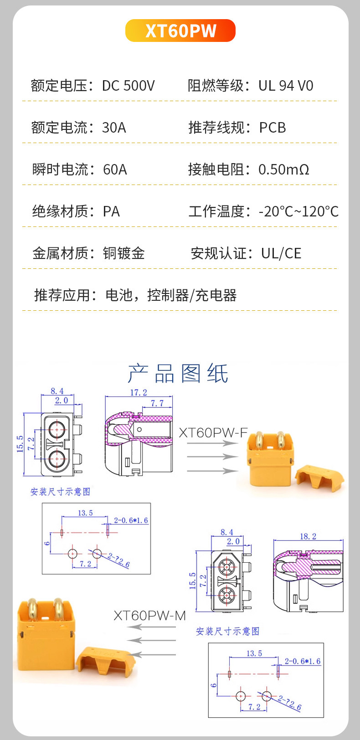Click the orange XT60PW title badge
pyautogui.click(x=180, y=31)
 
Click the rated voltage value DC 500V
pyautogui.click(x=128, y=86)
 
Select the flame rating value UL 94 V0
pyautogui.click(x=286, y=86)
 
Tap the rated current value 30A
pyautogui.click(x=114, y=128)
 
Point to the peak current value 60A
pyautogui.click(x=115, y=170)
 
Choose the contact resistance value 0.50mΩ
pyautogui.click(x=284, y=170)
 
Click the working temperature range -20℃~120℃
pyautogui.click(x=298, y=211)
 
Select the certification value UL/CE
pyautogui.click(x=281, y=253)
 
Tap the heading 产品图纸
pyautogui.click(x=178, y=374)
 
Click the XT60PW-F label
pyautogui.click(x=213, y=432)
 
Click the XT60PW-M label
pyautogui.click(x=149, y=616)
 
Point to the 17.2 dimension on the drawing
pyautogui.click(x=139, y=392)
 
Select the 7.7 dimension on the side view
pyautogui.click(x=157, y=403)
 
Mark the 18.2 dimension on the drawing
pyautogui.click(x=308, y=536)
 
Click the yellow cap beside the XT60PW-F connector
pyautogui.click(x=320, y=478)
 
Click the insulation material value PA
pyautogui.click(x=111, y=211)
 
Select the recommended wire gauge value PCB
pyautogui.click(x=273, y=128)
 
